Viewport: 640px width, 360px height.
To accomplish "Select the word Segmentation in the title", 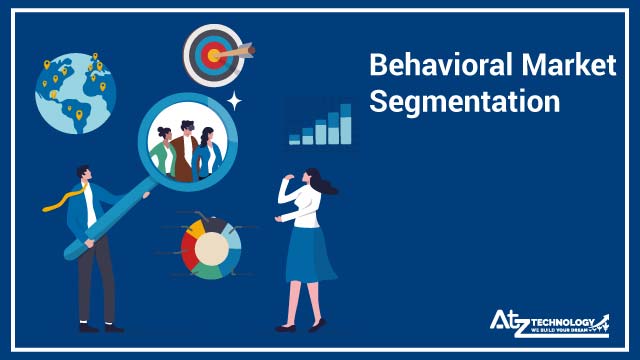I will click(x=464, y=102).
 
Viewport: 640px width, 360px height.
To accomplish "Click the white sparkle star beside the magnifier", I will click(x=234, y=100).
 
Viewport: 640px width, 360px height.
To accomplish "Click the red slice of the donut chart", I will click(x=190, y=251).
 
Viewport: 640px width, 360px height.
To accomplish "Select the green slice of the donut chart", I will click(x=211, y=267).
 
